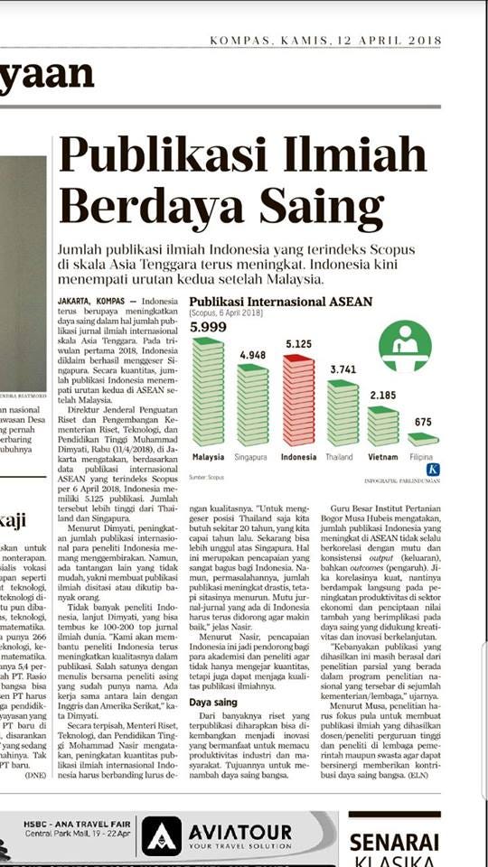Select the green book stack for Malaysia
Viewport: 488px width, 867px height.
[209, 390]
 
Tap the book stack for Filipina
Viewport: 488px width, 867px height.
[423, 439]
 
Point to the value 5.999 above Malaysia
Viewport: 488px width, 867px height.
[208, 325]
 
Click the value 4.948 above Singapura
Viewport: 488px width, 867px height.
[252, 355]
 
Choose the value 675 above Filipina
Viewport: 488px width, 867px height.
[423, 422]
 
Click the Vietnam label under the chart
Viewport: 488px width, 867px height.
[384, 457]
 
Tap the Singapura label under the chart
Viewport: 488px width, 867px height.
[253, 457]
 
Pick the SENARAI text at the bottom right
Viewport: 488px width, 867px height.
[407, 842]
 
